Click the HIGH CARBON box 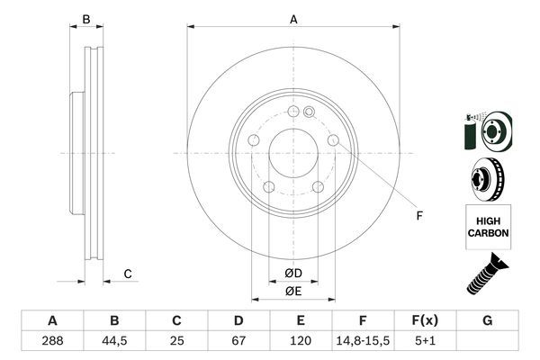point(487,226)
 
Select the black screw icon point(485,275)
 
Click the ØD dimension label point(293,273)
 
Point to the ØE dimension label point(293,290)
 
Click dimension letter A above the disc point(293,18)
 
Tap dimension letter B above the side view point(86,18)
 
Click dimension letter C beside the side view point(128,273)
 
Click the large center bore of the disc point(293,153)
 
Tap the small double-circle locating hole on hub point(309,112)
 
